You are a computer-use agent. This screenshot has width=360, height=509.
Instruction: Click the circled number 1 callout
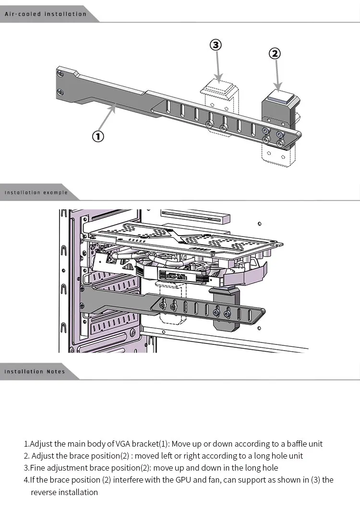click(x=98, y=136)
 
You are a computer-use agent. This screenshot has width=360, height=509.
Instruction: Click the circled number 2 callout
click(x=275, y=53)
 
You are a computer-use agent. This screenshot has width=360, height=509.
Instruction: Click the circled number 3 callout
click(x=216, y=45)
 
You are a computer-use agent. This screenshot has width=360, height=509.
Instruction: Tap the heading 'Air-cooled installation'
click(x=46, y=14)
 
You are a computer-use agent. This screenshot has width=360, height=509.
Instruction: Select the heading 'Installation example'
click(x=36, y=192)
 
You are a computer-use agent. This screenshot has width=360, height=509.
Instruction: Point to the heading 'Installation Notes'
click(x=35, y=371)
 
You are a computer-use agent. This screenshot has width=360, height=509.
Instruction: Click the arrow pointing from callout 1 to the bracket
click(x=107, y=117)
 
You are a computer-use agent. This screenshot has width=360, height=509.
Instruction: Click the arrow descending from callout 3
click(x=218, y=66)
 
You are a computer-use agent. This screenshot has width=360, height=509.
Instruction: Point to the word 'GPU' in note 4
click(x=183, y=480)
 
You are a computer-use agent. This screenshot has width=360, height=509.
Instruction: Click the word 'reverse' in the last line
click(x=44, y=492)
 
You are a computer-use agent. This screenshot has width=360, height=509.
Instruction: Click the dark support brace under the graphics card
click(x=226, y=308)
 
